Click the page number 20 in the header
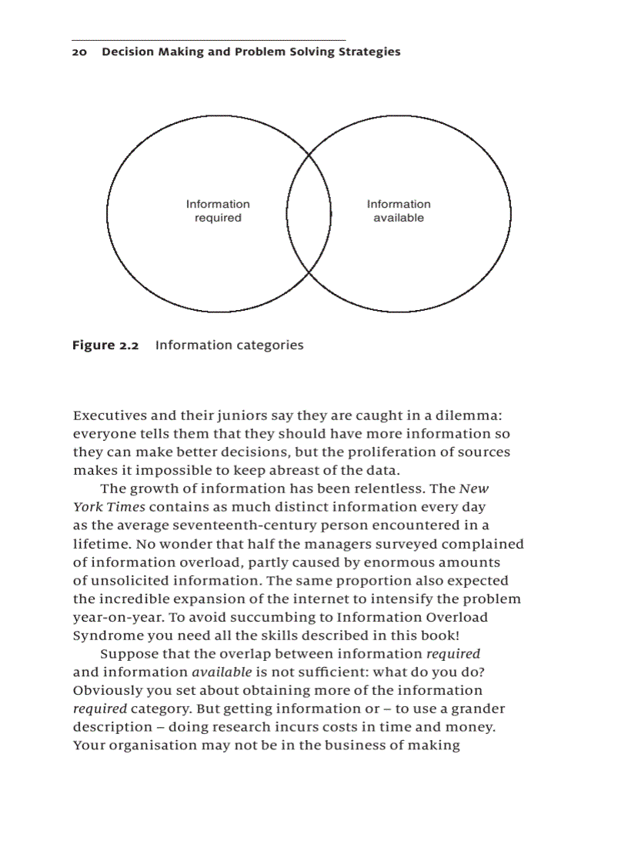[79, 52]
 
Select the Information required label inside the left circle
[218, 211]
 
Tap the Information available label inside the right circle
[399, 211]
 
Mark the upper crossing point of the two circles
[309, 155]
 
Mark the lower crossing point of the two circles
[309, 272]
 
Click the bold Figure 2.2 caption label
[105, 345]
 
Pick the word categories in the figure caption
[266, 345]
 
